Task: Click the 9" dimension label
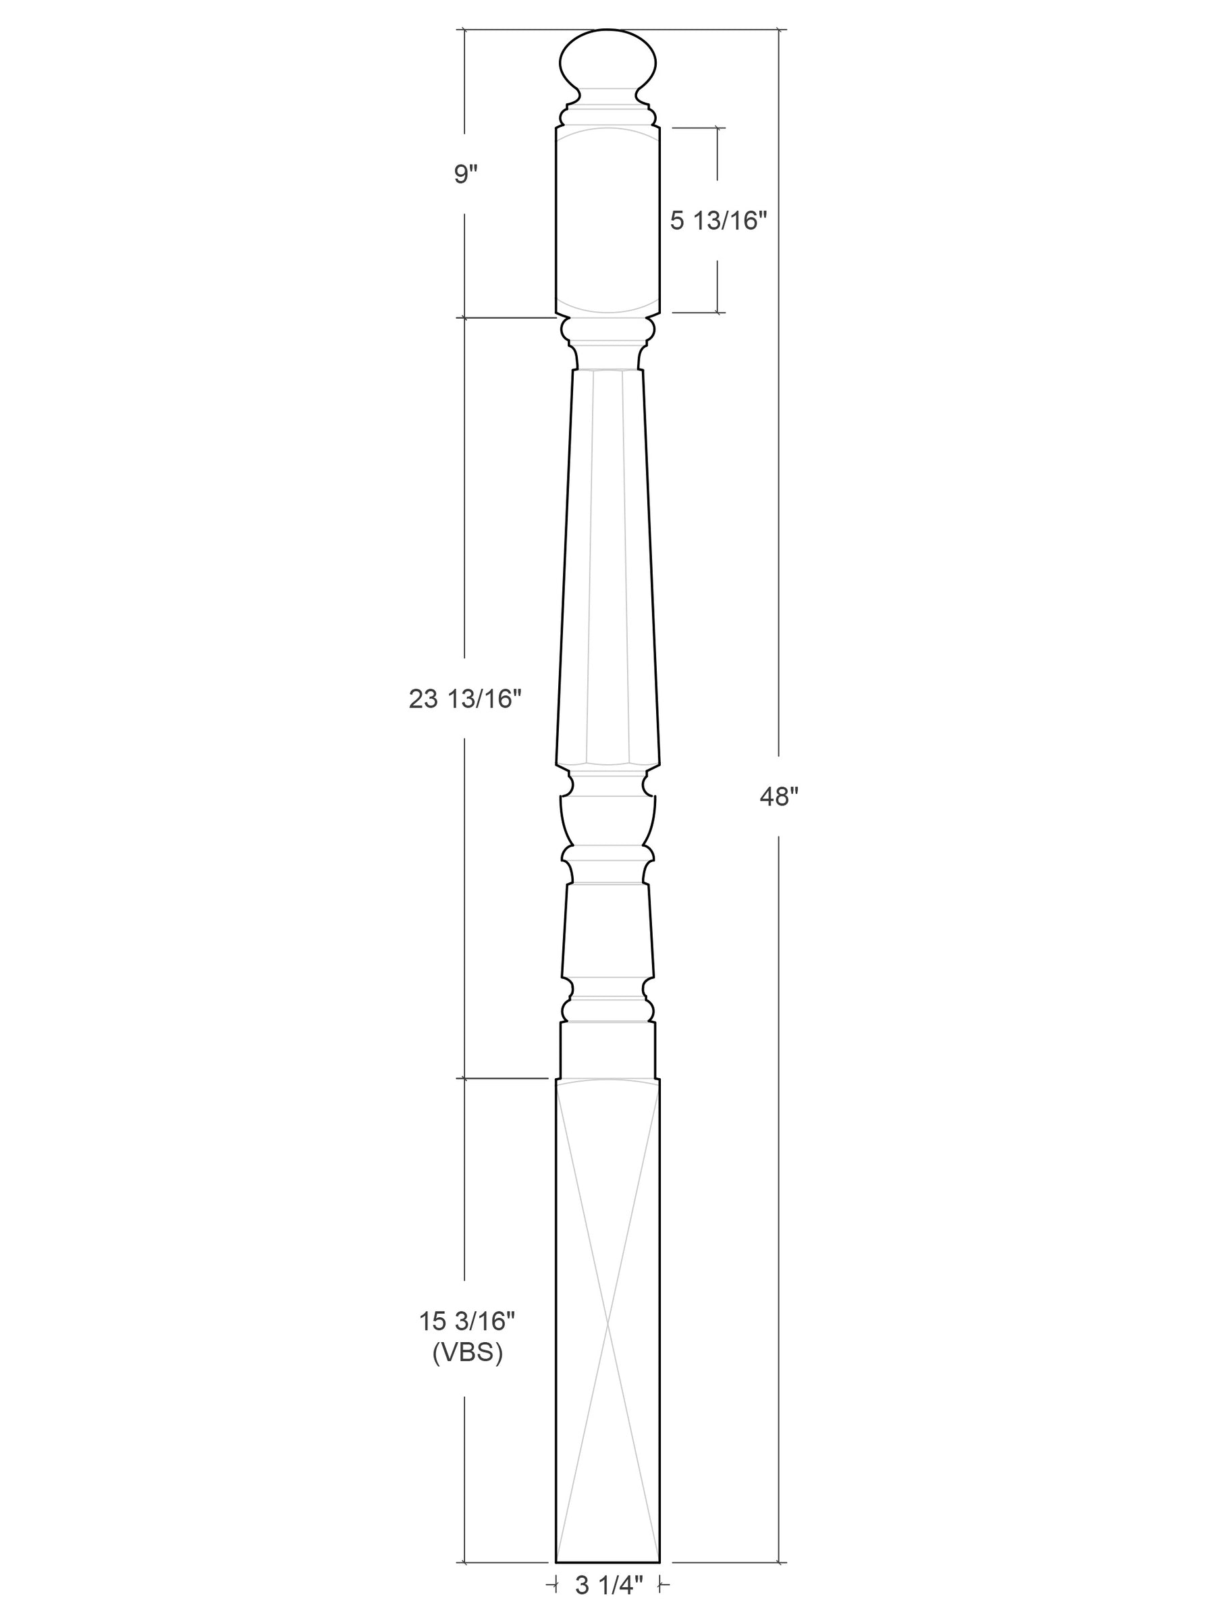465,174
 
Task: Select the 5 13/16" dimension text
718,221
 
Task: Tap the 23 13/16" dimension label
464,699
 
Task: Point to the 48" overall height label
778,797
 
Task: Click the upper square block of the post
607,221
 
